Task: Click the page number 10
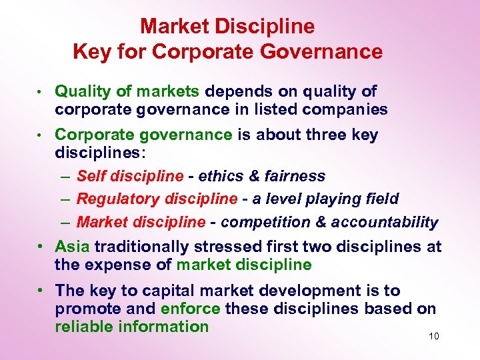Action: pos(434,336)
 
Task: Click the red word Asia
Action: pos(72,247)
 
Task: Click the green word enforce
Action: pos(191,309)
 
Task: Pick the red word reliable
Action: pos(85,327)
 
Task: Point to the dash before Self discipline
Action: pos(63,177)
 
